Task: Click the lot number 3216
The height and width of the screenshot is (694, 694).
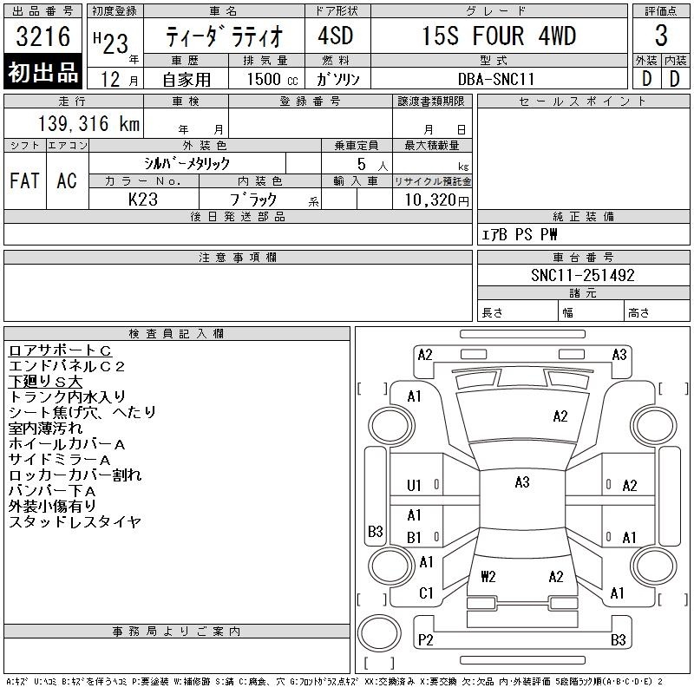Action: pyautogui.click(x=43, y=36)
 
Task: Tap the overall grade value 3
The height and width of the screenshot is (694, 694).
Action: pyautogui.click(x=661, y=36)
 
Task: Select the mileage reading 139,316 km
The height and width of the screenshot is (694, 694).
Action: pyautogui.click(x=89, y=123)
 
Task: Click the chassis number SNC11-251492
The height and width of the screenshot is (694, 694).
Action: pyautogui.click(x=582, y=275)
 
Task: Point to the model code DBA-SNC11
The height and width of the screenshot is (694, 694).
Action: pyautogui.click(x=495, y=79)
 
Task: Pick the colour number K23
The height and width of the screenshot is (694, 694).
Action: pyautogui.click(x=143, y=200)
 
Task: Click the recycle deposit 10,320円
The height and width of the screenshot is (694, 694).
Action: pyautogui.click(x=437, y=200)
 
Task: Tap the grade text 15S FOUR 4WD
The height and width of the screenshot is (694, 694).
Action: pyautogui.click(x=499, y=36)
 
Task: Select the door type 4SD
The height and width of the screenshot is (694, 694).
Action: pyautogui.click(x=336, y=36)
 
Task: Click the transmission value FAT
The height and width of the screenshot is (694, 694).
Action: pyautogui.click(x=24, y=180)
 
